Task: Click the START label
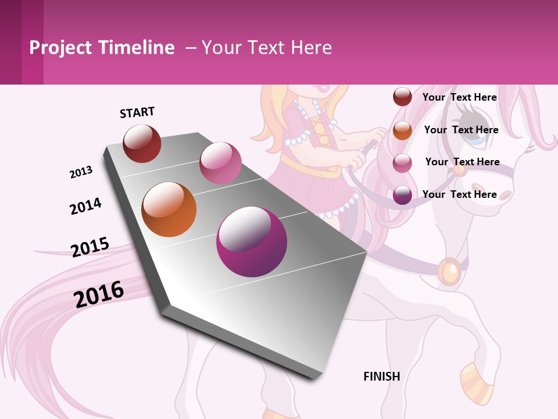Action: [x=137, y=112]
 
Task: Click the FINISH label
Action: [x=382, y=377]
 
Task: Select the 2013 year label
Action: [x=81, y=172]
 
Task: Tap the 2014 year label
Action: [x=85, y=207]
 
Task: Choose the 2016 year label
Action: [x=99, y=294]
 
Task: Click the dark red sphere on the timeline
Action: [x=142, y=143]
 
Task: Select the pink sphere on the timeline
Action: [x=220, y=162]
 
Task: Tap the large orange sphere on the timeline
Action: [x=169, y=210]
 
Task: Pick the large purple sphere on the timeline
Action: [x=252, y=242]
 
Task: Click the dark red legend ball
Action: [x=402, y=97]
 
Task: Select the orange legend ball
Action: [x=402, y=130]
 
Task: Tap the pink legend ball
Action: [x=402, y=163]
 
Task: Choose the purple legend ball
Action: [x=402, y=195]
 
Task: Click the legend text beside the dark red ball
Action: [x=459, y=97]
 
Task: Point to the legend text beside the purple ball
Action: [x=459, y=194]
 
